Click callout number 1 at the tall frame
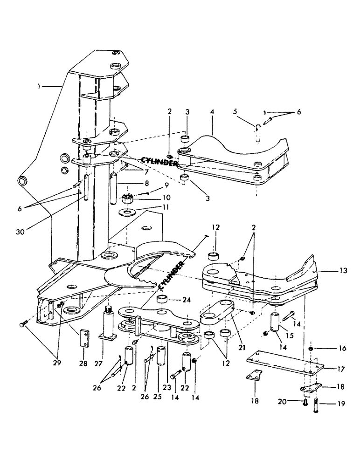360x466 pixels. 55,86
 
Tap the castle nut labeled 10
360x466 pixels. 127,199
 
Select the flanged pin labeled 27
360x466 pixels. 109,321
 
